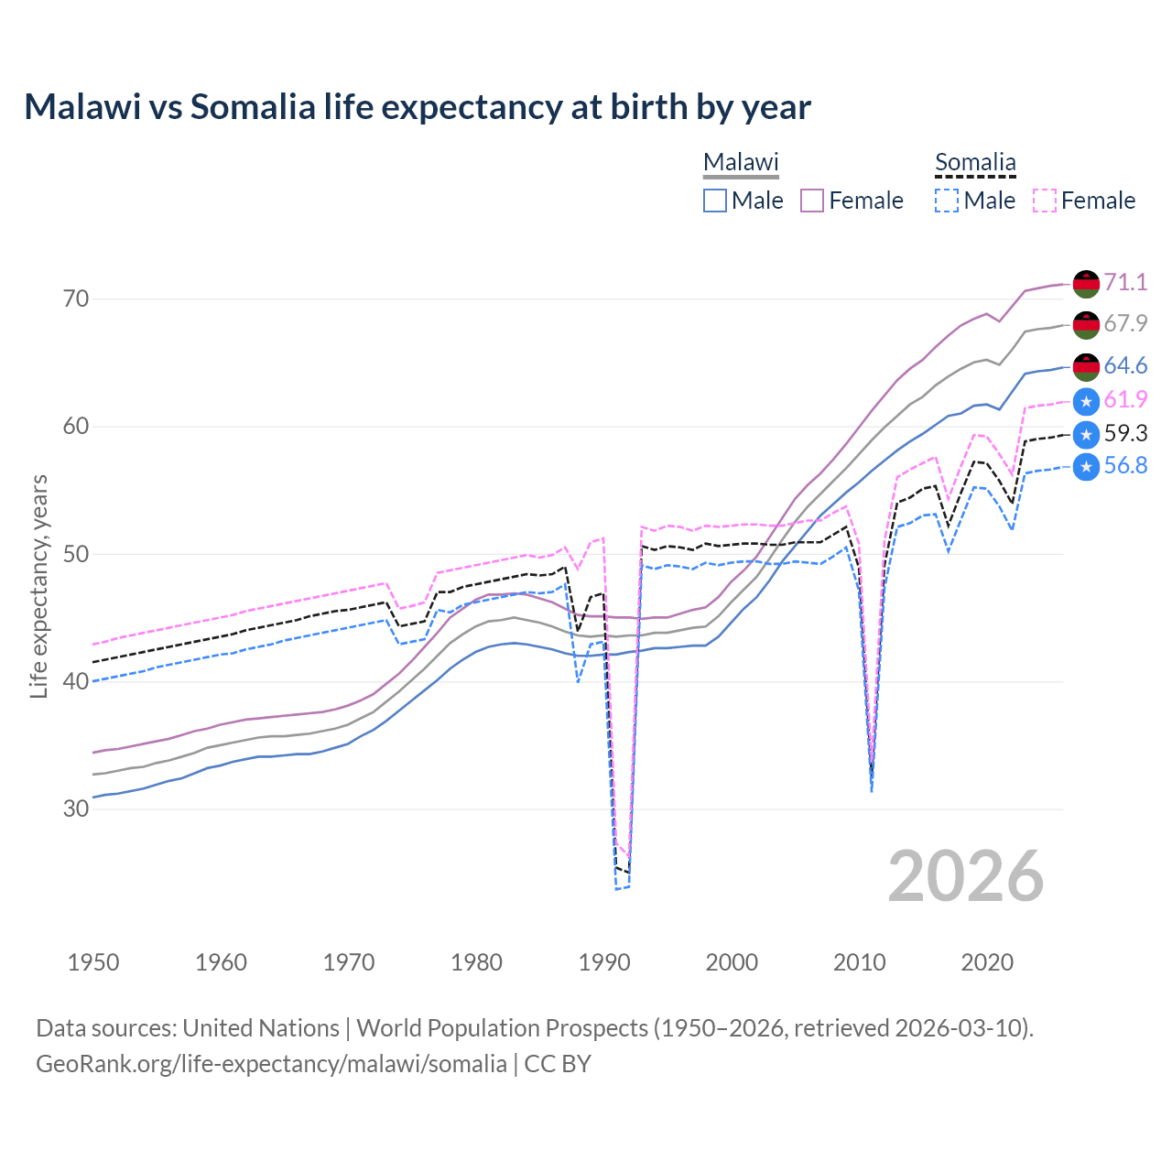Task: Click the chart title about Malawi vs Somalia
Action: (418, 107)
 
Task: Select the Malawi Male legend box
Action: (715, 201)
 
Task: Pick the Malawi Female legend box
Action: (813, 201)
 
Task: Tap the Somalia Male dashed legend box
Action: (947, 201)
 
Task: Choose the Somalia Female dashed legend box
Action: (1045, 201)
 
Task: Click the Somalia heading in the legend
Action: (975, 163)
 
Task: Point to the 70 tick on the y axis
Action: (77, 299)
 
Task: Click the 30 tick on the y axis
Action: (77, 809)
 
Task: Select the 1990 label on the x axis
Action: (604, 962)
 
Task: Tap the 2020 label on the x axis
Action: (987, 962)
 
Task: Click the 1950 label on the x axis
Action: (93, 962)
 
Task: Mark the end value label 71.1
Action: (1125, 282)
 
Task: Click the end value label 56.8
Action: (1125, 466)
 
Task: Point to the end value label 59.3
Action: (1125, 433)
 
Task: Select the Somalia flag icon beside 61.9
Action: (1086, 401)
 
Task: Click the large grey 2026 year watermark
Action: (966, 876)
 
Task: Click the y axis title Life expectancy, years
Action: (39, 586)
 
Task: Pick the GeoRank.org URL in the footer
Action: (271, 1064)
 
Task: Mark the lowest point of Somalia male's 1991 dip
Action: (617, 889)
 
